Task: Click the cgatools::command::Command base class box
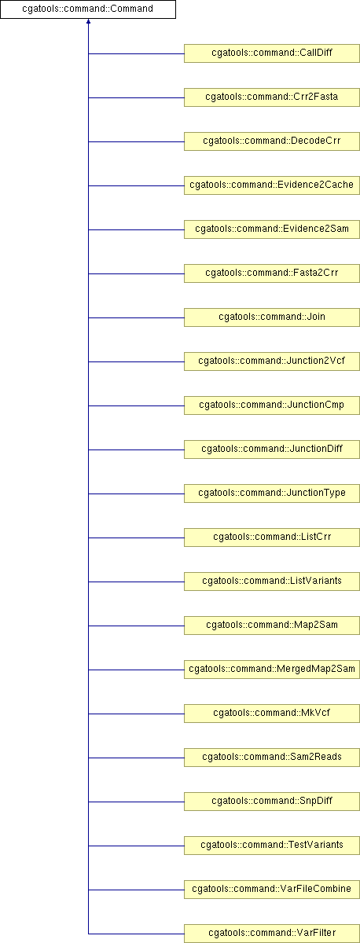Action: pyautogui.click(x=87, y=9)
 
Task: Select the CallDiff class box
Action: pyautogui.click(x=272, y=53)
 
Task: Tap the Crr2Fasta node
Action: pyautogui.click(x=272, y=97)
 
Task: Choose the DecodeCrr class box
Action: pyautogui.click(x=272, y=141)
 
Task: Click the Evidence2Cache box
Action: pyautogui.click(x=272, y=185)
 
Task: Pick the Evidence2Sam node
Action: pyautogui.click(x=272, y=229)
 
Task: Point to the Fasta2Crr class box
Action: pyautogui.click(x=272, y=273)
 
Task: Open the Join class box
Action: pyautogui.click(x=272, y=317)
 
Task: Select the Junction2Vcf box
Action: pyautogui.click(x=272, y=361)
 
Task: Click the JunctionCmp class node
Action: pyautogui.click(x=272, y=405)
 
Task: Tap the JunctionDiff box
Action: pyautogui.click(x=272, y=449)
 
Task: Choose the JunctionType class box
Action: pyautogui.click(x=272, y=494)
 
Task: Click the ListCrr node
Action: pyautogui.click(x=272, y=538)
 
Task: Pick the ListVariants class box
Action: pyautogui.click(x=272, y=582)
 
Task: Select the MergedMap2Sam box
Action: pyautogui.click(x=272, y=670)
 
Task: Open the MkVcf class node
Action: pyautogui.click(x=272, y=714)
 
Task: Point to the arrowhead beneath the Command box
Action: pyautogui.click(x=88, y=21)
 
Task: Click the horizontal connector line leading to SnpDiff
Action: pyautogui.click(x=137, y=802)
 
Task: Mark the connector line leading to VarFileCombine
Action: pyautogui.click(x=137, y=890)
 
